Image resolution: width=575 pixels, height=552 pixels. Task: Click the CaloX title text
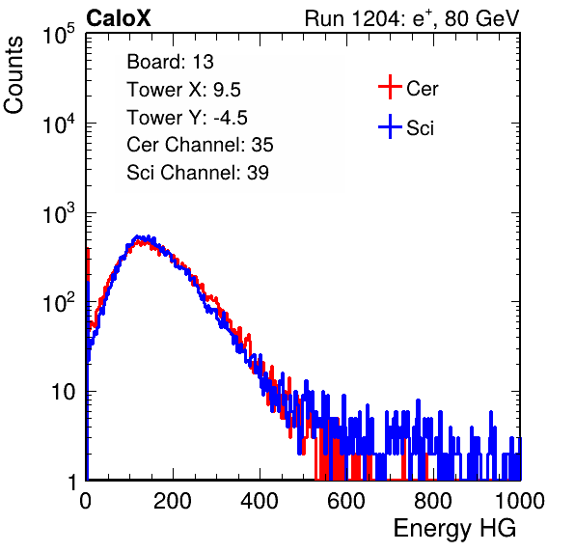(x=119, y=18)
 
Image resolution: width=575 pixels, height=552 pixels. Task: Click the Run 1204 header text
(x=412, y=18)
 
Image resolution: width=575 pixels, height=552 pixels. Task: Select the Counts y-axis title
(x=14, y=75)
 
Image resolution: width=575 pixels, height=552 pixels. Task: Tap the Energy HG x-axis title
(x=454, y=529)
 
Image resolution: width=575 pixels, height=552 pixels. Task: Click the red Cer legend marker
(x=390, y=87)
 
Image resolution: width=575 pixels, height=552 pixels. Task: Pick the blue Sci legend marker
(x=390, y=126)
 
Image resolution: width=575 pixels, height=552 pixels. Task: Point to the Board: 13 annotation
(x=170, y=62)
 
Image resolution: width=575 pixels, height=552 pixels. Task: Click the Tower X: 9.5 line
(x=183, y=90)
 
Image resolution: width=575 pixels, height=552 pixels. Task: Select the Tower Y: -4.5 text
(x=187, y=118)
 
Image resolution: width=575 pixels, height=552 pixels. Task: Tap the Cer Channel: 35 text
(x=200, y=145)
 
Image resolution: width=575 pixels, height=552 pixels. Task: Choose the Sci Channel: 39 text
(x=198, y=173)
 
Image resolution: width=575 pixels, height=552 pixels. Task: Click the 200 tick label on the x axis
(x=173, y=501)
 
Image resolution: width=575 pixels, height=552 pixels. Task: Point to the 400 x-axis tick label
(x=260, y=501)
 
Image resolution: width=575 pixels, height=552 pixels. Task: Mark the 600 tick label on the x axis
(x=346, y=501)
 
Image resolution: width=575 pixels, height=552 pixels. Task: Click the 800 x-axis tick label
(x=433, y=501)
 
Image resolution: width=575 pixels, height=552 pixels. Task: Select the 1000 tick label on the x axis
(x=520, y=501)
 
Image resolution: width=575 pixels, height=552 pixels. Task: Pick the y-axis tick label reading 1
(x=72, y=482)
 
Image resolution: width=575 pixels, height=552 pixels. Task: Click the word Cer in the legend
(x=423, y=89)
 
